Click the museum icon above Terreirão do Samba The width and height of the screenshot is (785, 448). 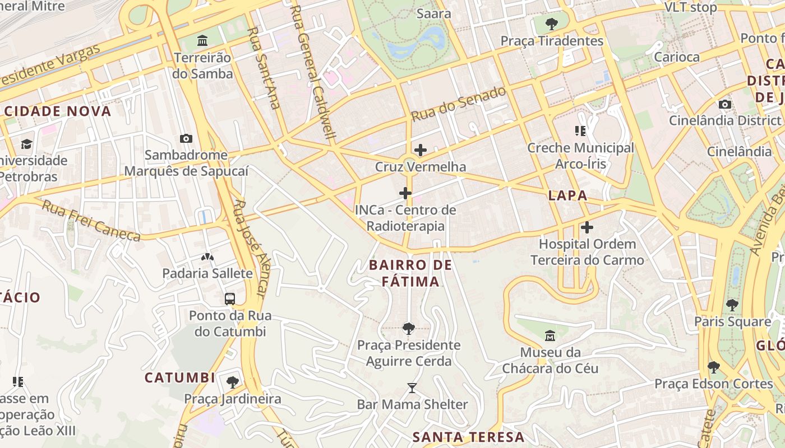(x=202, y=41)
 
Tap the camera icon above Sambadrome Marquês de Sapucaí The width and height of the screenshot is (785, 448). (x=186, y=138)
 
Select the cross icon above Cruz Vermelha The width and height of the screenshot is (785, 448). (x=420, y=150)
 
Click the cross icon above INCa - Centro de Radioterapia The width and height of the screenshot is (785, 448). (x=405, y=194)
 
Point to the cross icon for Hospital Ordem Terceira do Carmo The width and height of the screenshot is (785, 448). (x=587, y=227)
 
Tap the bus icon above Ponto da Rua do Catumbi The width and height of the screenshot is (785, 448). (x=230, y=298)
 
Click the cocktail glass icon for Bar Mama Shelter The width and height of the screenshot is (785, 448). (x=412, y=388)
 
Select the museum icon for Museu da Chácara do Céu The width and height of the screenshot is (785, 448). (x=550, y=336)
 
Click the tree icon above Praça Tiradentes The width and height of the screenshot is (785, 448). (x=552, y=24)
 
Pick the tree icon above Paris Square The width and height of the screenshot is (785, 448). (x=732, y=305)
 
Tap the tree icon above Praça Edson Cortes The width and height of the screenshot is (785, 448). (x=714, y=367)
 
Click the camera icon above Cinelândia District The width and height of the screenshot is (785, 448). (x=724, y=104)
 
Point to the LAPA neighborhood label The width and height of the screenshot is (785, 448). (x=567, y=195)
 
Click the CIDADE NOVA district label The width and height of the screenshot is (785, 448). (x=58, y=111)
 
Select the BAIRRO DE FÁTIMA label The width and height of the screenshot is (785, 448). (x=410, y=273)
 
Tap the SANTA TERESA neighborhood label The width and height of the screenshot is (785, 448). (x=468, y=437)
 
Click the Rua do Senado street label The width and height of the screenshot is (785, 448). (x=458, y=104)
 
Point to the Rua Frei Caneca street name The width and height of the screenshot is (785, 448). (x=91, y=222)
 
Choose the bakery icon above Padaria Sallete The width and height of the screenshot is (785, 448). (x=207, y=257)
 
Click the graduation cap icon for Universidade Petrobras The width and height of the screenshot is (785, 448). (x=26, y=144)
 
